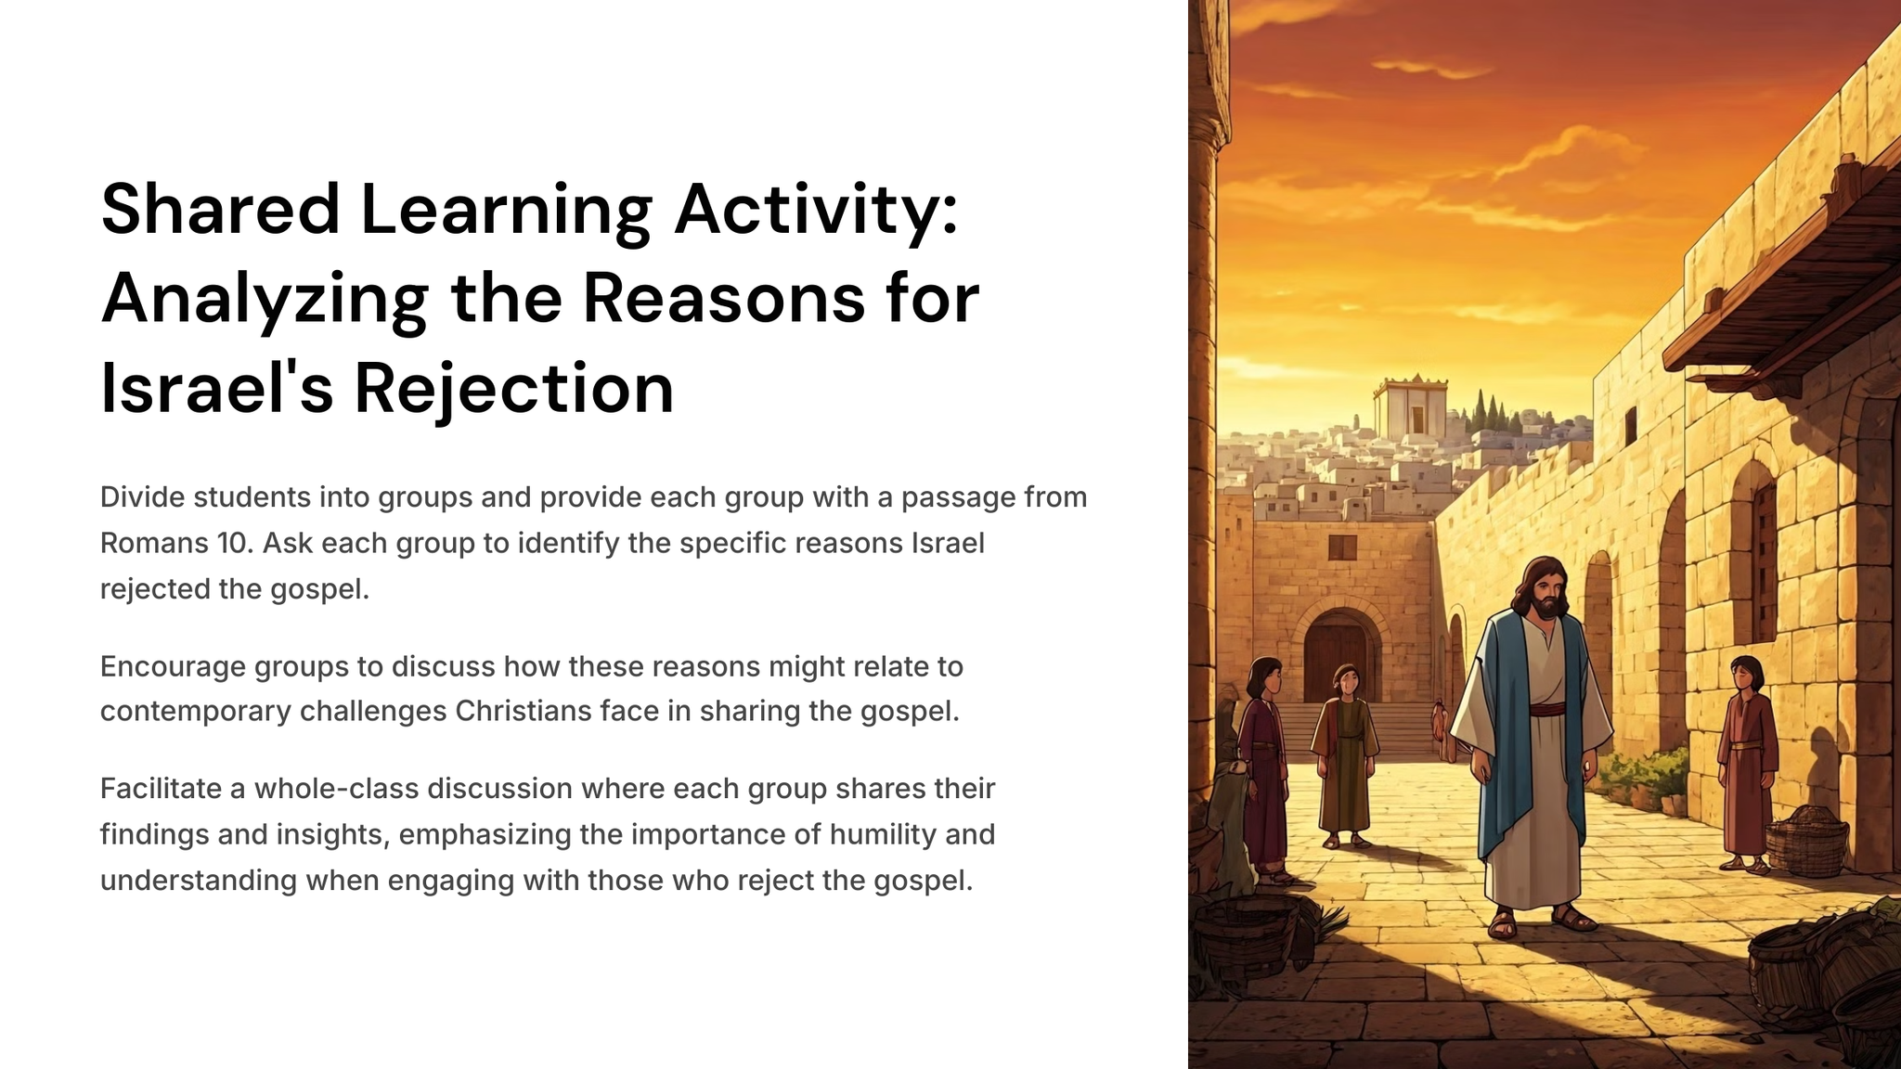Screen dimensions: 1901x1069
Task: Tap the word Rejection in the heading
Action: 514,387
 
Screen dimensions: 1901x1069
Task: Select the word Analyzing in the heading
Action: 265,299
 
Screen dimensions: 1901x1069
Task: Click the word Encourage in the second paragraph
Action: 173,667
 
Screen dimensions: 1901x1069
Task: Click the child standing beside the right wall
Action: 1748,763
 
